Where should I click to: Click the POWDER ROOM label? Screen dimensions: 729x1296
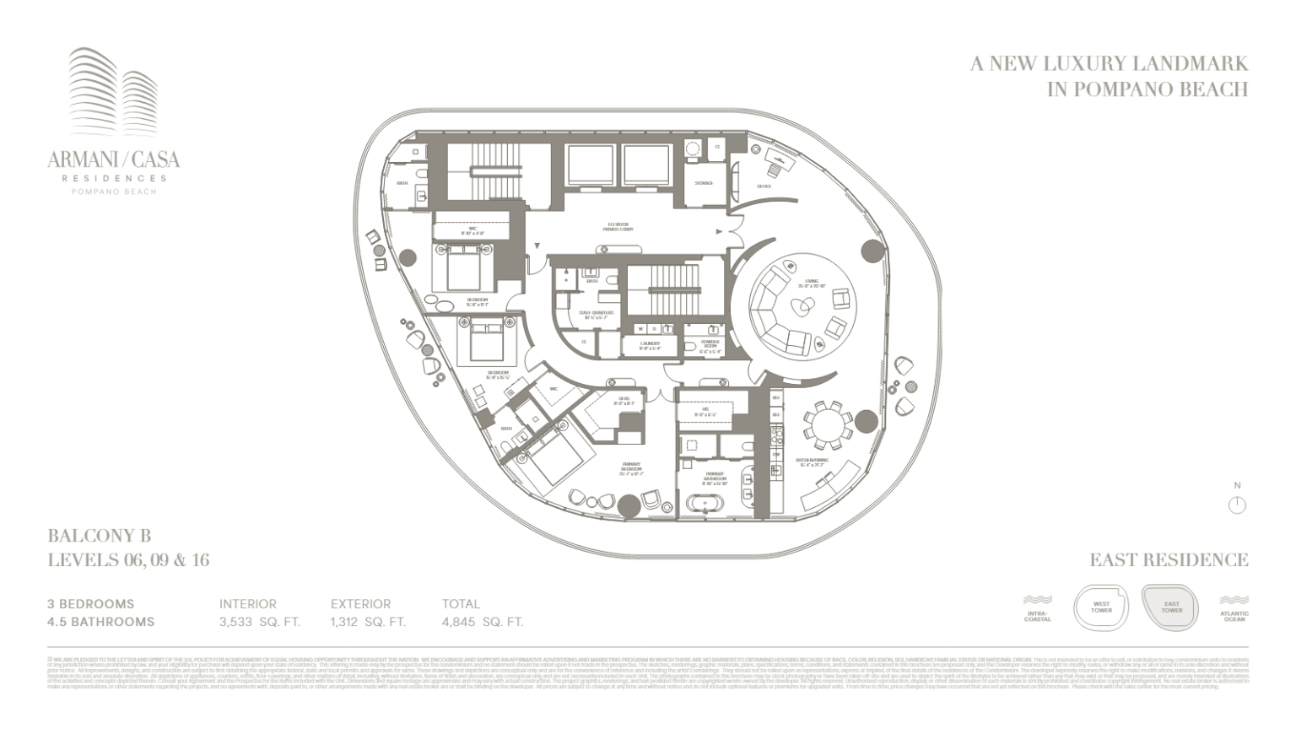(x=710, y=344)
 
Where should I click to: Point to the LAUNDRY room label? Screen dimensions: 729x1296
(x=650, y=345)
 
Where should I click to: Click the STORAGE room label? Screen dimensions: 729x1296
(x=704, y=183)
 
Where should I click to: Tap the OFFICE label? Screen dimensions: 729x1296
(x=764, y=186)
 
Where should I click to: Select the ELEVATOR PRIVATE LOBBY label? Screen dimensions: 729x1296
(x=618, y=227)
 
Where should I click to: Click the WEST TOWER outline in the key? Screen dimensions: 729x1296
(x=1101, y=607)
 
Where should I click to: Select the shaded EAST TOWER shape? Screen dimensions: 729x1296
(x=1171, y=607)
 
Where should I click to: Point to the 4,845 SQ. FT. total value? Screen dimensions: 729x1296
(x=483, y=623)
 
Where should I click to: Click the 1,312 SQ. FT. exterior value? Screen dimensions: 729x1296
(x=368, y=623)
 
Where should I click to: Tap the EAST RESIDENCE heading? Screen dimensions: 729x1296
(x=1169, y=560)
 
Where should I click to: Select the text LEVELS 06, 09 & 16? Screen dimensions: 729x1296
(x=128, y=560)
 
